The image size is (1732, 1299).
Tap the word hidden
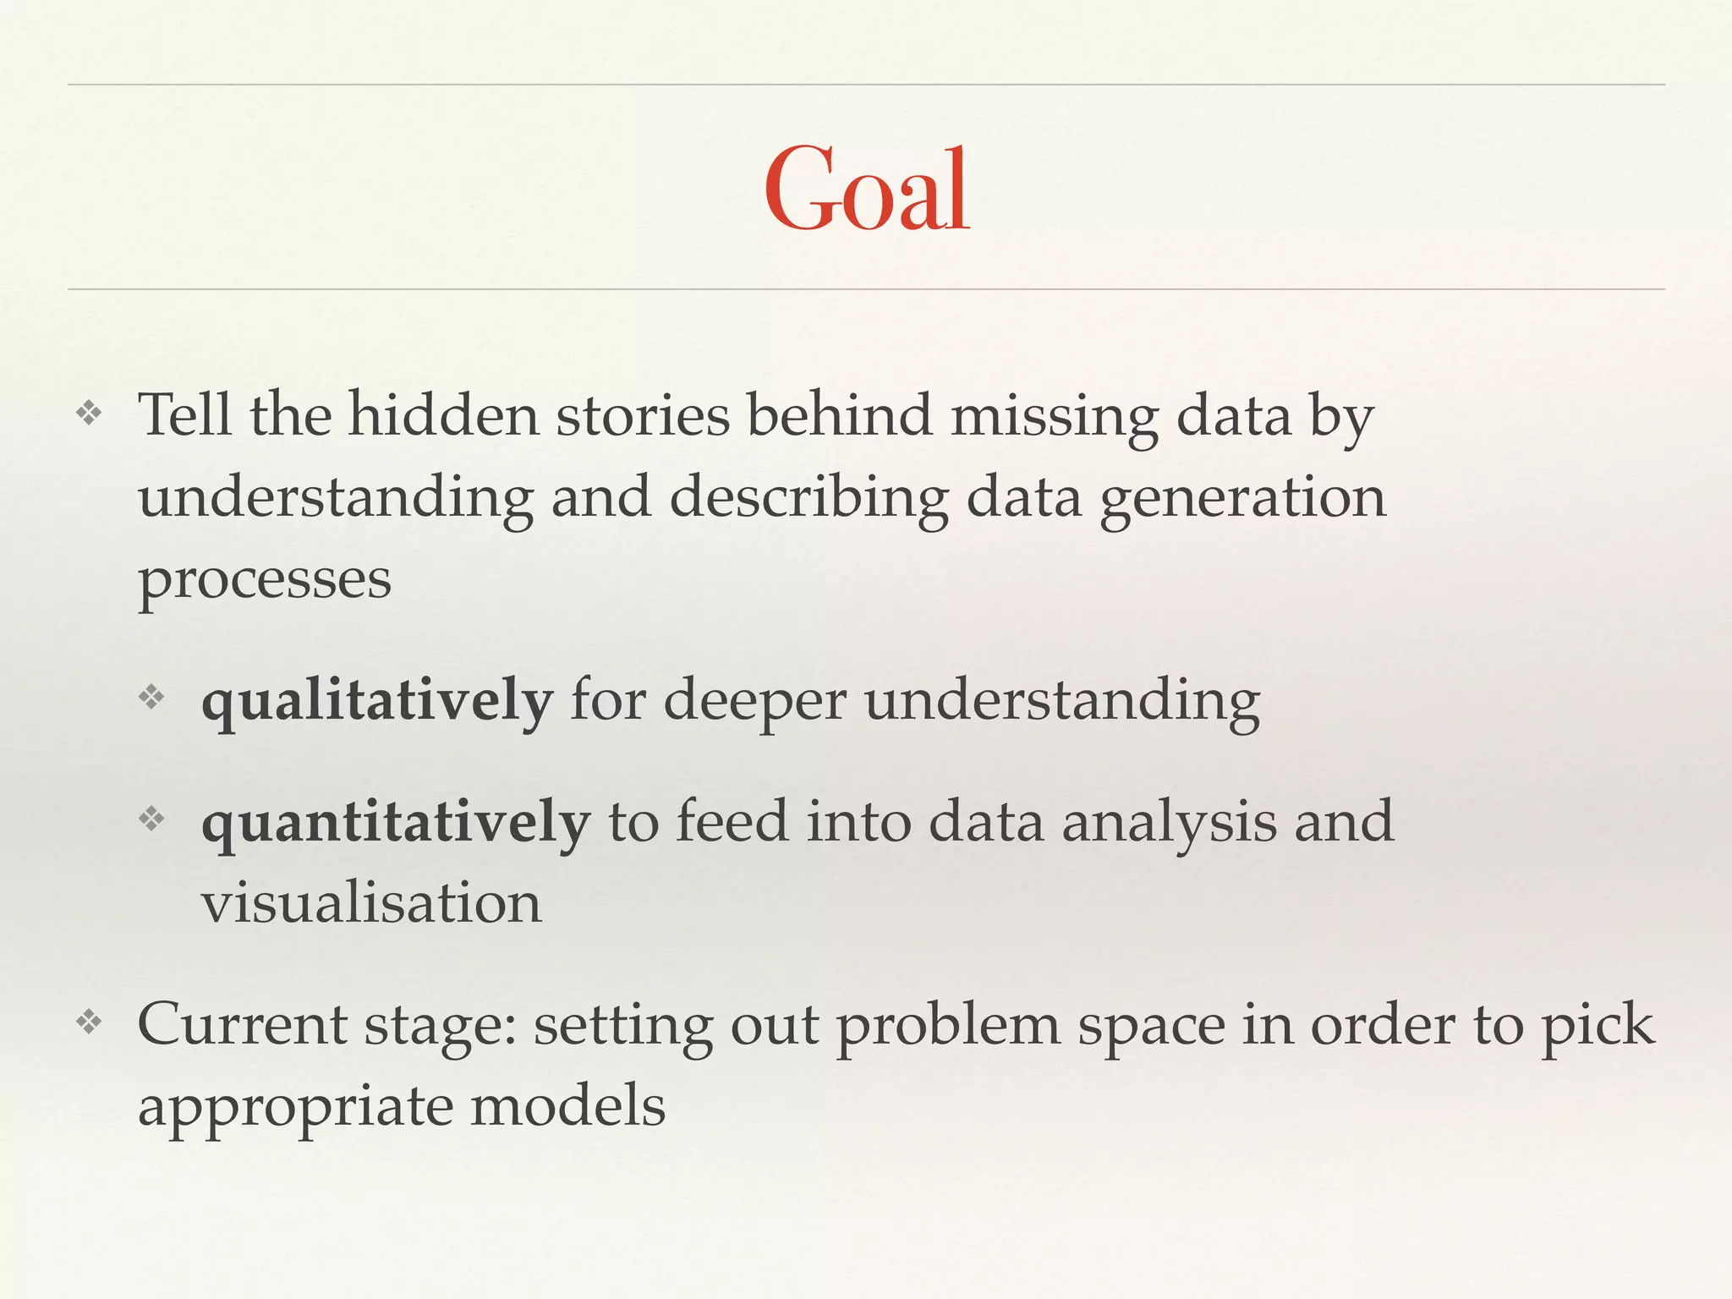pyautogui.click(x=443, y=416)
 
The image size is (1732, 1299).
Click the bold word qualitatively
pyautogui.click(x=377, y=703)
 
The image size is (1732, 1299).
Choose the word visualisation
pyautogui.click(x=371, y=902)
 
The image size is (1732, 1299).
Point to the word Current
pyautogui.click(x=242, y=1024)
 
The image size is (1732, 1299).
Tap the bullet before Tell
pyautogui.click(x=89, y=414)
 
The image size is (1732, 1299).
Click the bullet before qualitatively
pyautogui.click(x=151, y=698)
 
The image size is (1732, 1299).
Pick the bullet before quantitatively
pyautogui.click(x=151, y=819)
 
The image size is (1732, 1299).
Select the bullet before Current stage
pyautogui.click(x=89, y=1022)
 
